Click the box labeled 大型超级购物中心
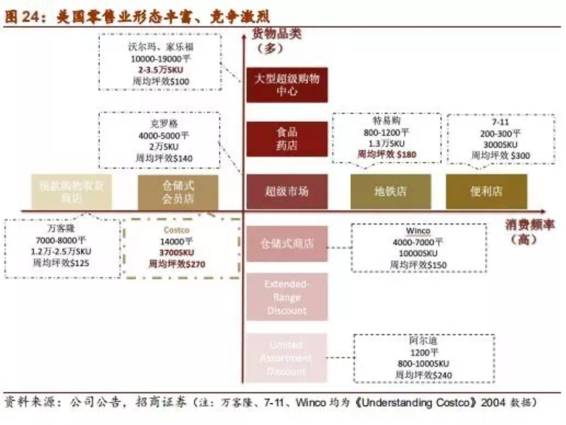[287, 85]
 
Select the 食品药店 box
[287, 139]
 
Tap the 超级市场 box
[287, 191]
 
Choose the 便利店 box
[486, 192]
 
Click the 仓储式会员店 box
[178, 192]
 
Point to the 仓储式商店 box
[287, 244]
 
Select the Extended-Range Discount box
[287, 297]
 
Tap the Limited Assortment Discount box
[287, 358]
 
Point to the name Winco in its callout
[417, 231]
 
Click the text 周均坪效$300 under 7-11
[500, 155]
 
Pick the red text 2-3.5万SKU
[161, 70]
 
